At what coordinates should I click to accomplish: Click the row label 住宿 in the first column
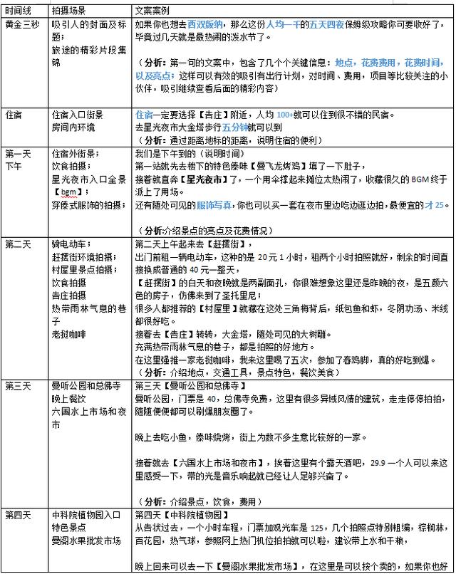(14, 114)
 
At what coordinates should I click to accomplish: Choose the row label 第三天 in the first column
(18, 386)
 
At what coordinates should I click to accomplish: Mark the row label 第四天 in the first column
(18, 515)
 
